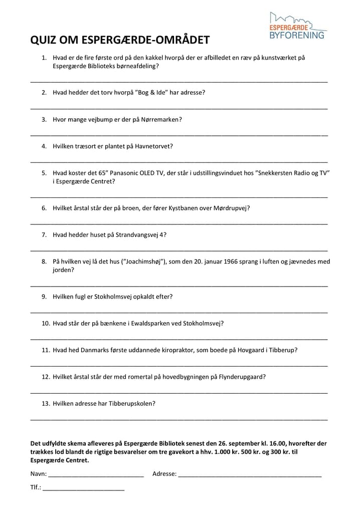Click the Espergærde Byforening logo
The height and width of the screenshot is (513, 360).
pos(297,26)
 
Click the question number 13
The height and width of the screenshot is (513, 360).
pos(45,403)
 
